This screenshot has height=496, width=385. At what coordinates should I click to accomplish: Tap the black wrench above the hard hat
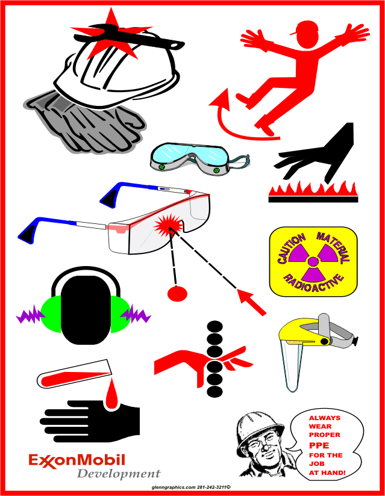tap(127, 37)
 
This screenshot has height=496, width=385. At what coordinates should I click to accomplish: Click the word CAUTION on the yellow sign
tap(291, 249)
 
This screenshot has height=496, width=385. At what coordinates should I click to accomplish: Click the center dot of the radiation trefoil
tap(313, 262)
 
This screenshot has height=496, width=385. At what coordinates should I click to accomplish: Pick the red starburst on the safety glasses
tap(169, 225)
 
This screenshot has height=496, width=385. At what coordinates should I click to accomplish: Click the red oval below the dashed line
tap(177, 294)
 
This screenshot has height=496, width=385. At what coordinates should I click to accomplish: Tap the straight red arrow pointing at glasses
tap(252, 302)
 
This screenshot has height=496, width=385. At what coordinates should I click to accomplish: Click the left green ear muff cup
tap(51, 314)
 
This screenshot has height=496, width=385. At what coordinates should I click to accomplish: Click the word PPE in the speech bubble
tap(319, 445)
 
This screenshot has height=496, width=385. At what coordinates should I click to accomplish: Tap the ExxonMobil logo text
tap(77, 460)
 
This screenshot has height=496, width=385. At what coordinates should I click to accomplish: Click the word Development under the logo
tap(119, 474)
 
